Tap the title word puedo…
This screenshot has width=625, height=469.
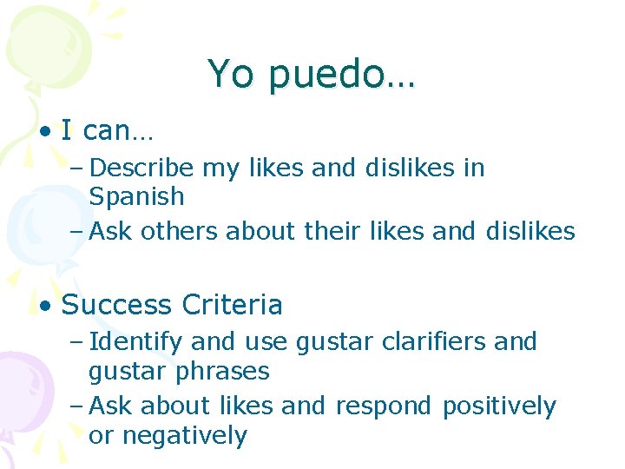coord(342,76)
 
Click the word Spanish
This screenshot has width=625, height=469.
coord(136,197)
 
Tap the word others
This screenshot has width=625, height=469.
coord(180,231)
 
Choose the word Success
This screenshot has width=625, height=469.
coord(117,306)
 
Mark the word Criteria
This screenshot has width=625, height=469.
coord(233,306)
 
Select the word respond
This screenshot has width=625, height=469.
coord(383,406)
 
